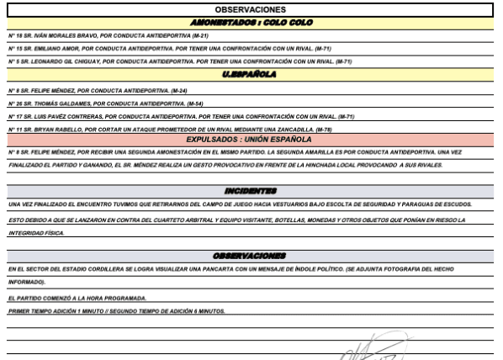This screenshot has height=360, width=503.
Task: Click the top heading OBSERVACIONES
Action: pyautogui.click(x=251, y=8)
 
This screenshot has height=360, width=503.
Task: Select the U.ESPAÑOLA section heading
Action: pyautogui.click(x=251, y=75)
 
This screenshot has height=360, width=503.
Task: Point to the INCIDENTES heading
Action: pyautogui.click(x=251, y=192)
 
